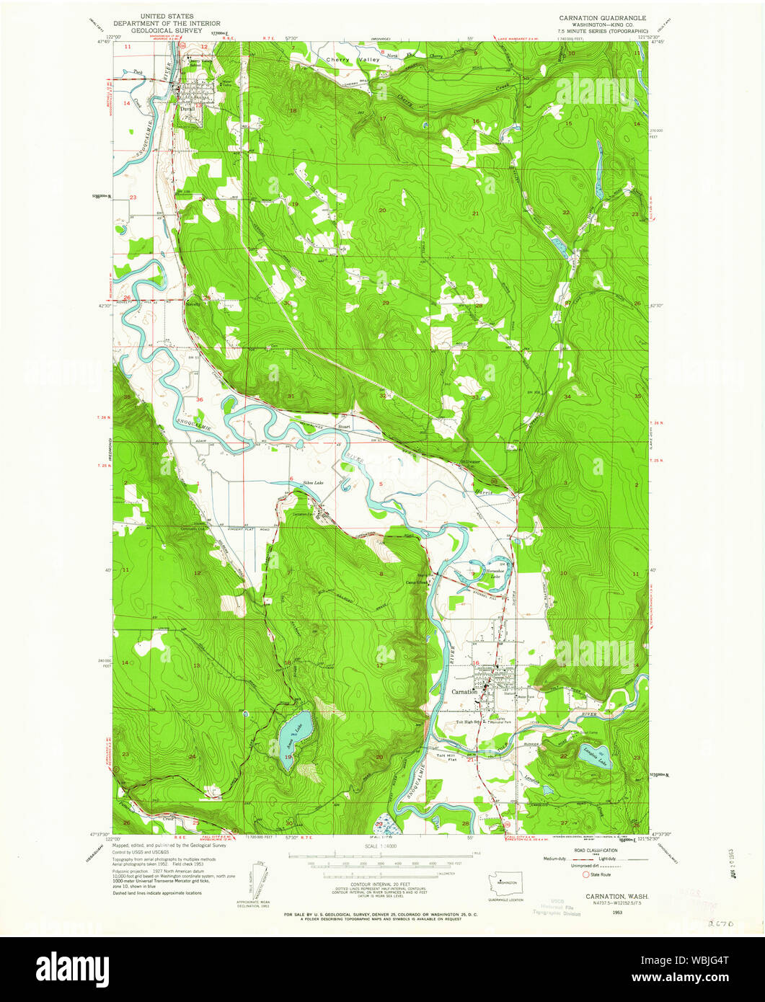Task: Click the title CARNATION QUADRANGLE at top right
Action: [602, 17]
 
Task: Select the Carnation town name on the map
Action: [464, 691]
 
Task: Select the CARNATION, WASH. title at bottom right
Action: [606, 895]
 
